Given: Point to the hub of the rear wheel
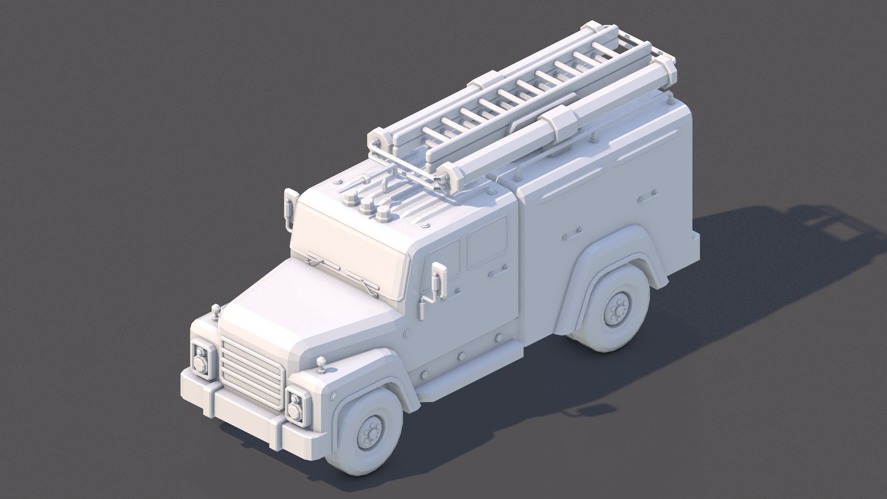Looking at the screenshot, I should [x=616, y=310].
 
